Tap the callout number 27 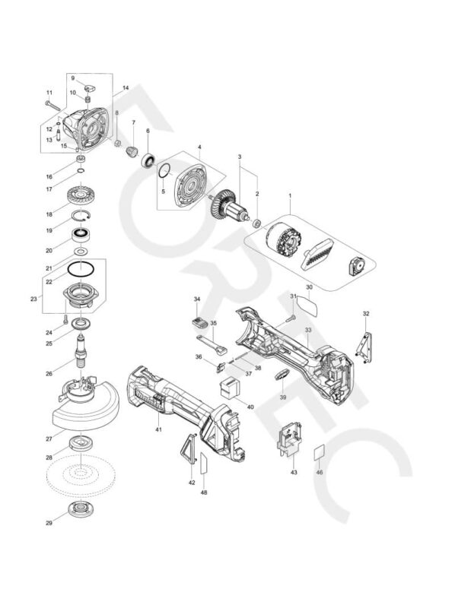coord(49,439)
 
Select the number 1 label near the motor coord(290,196)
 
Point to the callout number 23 coord(33,299)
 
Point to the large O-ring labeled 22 coord(80,269)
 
